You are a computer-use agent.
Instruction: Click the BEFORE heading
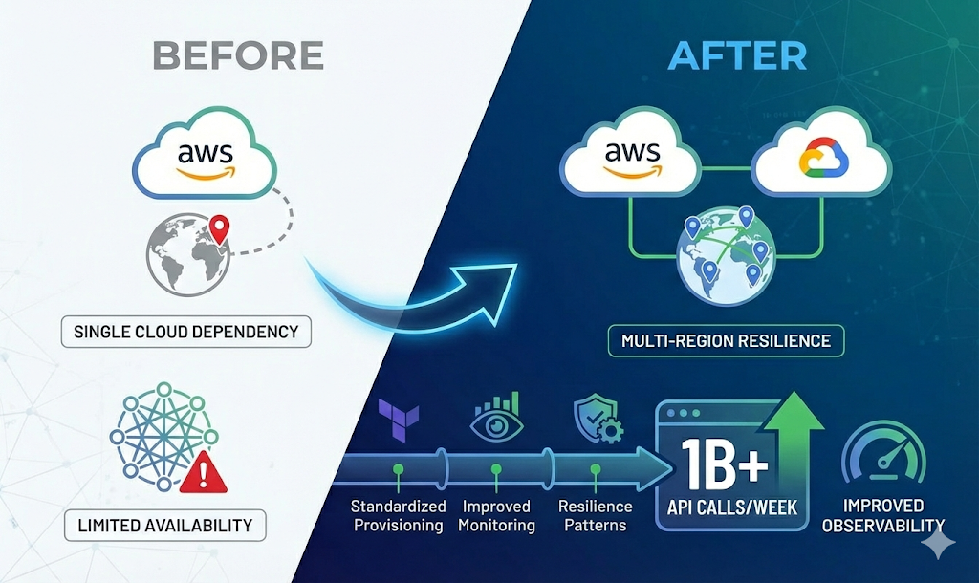coord(238,55)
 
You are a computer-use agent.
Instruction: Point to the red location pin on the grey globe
coord(221,228)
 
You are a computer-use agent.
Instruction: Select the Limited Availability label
coord(166,525)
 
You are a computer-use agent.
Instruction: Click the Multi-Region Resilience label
coord(726,340)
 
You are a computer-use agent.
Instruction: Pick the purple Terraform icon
coord(397,418)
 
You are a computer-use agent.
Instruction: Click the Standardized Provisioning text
coord(397,515)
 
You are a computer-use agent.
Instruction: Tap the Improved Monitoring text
coord(495,515)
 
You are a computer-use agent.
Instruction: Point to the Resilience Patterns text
coord(596,515)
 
